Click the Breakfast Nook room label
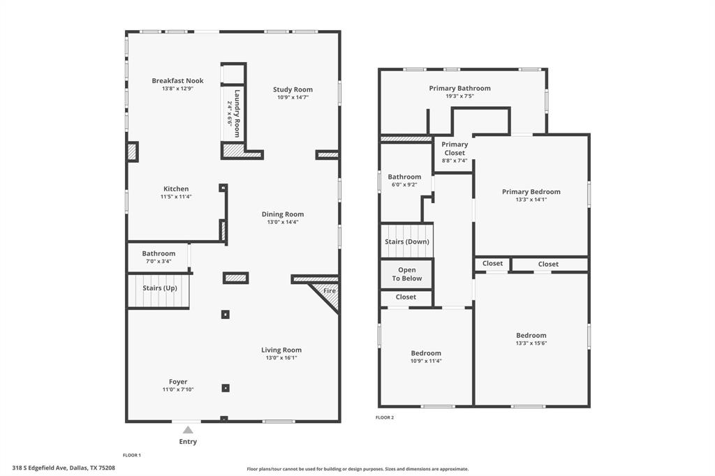[x=177, y=81]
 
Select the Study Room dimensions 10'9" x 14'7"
[x=293, y=98]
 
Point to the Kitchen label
[x=176, y=189]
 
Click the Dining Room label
[x=283, y=214]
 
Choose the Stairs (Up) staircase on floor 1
[x=159, y=291]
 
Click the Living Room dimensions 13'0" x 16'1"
[x=281, y=358]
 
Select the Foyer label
[x=178, y=382]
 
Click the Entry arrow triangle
[x=188, y=430]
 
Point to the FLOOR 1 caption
[x=132, y=455]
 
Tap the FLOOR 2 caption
[x=385, y=417]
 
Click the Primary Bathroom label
[x=459, y=89]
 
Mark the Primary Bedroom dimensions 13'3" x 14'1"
[x=531, y=200]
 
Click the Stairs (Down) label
[x=406, y=242]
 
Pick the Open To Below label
[x=406, y=274]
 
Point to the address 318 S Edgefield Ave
[x=64, y=468]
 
